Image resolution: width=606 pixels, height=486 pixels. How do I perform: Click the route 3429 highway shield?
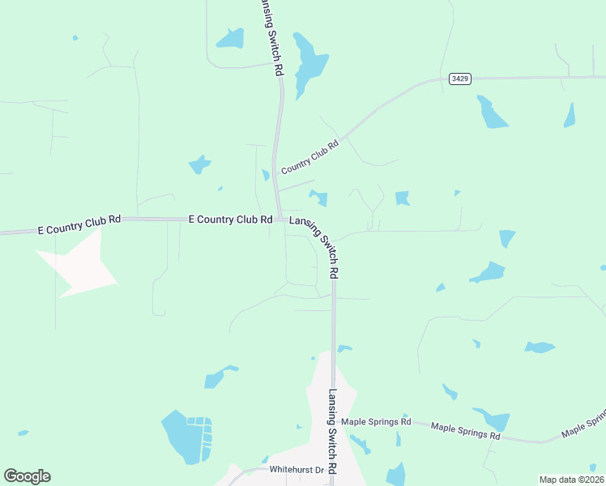pos(459,79)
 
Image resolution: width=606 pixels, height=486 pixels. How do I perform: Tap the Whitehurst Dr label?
pos(297,470)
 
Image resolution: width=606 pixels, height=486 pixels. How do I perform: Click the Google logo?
pos(27,476)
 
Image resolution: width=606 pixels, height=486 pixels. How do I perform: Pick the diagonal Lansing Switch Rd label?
pos(314,245)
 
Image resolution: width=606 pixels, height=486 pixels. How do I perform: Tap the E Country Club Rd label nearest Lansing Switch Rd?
pos(230,220)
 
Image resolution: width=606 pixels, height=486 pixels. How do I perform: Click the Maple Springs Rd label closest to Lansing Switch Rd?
pos(376,422)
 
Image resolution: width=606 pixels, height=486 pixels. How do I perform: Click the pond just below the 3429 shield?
pos(491,113)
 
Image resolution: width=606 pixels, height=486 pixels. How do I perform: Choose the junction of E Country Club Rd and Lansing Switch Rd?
pos(280,219)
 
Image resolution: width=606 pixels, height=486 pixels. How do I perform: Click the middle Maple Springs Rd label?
pos(465,431)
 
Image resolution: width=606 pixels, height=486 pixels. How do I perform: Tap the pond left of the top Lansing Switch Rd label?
pos(229,38)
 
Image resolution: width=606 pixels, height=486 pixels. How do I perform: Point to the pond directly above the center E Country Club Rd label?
pos(198,165)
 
